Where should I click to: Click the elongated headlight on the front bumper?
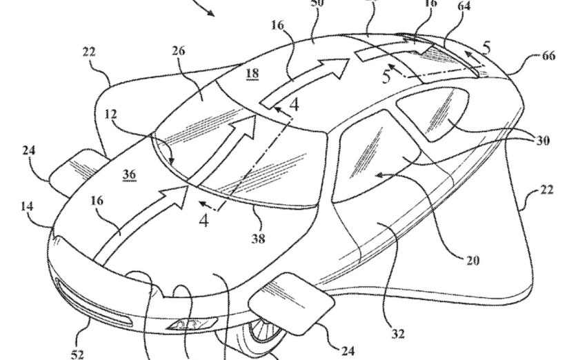click(x=97, y=307)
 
